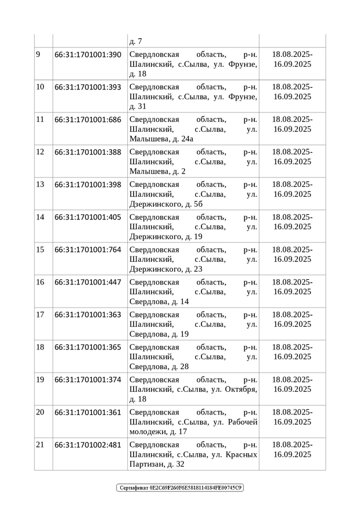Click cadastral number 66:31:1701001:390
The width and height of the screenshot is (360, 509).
[x=88, y=55]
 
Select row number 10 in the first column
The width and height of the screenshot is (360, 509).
[x=40, y=87]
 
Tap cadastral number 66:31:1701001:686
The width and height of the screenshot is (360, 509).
[x=88, y=120]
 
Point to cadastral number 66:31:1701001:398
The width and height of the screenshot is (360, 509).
[x=88, y=185]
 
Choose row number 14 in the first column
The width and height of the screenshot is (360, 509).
[x=40, y=217]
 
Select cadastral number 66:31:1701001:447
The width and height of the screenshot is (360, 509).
[x=88, y=282]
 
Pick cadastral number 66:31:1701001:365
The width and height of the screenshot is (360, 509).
[x=88, y=347]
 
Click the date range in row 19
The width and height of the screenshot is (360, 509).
[x=292, y=384]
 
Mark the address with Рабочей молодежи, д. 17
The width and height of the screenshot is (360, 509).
[x=193, y=421]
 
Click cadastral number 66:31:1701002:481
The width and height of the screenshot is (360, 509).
[x=88, y=445]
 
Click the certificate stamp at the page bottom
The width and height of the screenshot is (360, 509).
[x=180, y=488]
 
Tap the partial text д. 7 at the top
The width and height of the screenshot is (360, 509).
[x=135, y=41]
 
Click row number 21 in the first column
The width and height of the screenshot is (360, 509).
[x=40, y=445]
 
